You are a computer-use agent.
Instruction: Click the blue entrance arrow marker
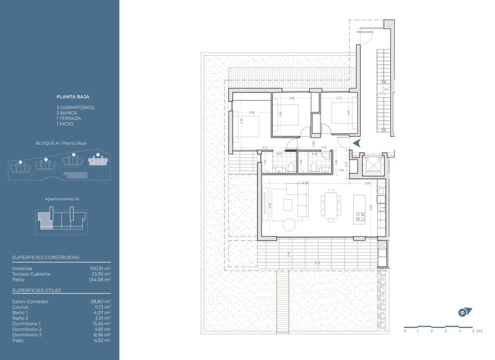coord(356,143)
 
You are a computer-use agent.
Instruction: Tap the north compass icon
coord(464,312)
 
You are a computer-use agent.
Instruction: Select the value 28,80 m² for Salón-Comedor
coord(100,301)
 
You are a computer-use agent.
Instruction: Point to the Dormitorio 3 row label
coord(26,335)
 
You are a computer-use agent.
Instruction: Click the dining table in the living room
coord(330,205)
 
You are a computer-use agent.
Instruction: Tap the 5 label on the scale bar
coord(474,331)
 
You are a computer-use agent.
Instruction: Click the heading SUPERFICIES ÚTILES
coord(37,290)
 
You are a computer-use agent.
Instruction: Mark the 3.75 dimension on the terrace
coord(318,263)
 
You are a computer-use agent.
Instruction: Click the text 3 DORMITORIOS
coord(75,107)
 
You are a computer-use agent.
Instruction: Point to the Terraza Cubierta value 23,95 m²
coord(101,274)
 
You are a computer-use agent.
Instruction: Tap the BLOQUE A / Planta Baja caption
coord(60,143)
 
